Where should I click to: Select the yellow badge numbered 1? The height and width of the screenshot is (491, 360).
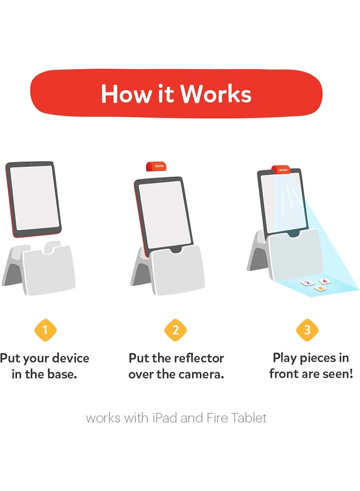tap(45, 330)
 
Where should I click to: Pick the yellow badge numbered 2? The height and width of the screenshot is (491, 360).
tap(175, 330)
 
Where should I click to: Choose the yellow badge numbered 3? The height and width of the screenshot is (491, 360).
tap(307, 329)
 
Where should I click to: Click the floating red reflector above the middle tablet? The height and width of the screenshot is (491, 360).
tap(156, 166)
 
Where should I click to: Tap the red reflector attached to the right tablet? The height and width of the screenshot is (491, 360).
tap(281, 169)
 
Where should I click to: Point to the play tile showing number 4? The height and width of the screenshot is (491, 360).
tap(324, 281)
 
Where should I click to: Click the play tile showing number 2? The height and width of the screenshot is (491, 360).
tap(307, 283)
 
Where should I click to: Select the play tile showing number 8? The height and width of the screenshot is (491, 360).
tap(320, 288)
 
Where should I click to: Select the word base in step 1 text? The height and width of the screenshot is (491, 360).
tap(62, 374)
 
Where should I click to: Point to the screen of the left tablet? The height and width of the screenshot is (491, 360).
tap(33, 198)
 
